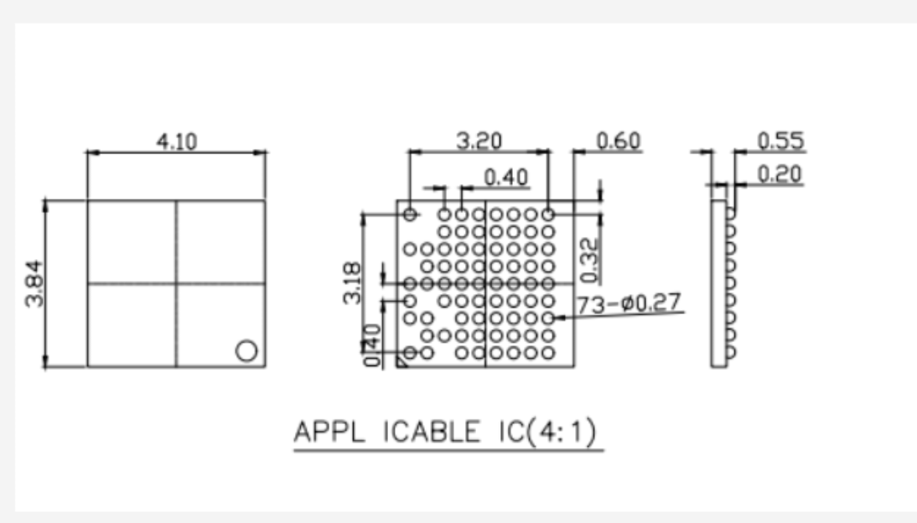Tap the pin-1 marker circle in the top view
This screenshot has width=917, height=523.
pyautogui.click(x=246, y=350)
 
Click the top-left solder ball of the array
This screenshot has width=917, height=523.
pyautogui.click(x=410, y=215)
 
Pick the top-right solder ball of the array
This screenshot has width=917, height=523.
pyautogui.click(x=548, y=215)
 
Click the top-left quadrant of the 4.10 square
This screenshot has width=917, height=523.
pyautogui.click(x=132, y=241)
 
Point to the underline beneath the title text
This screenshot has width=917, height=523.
pyautogui.click(x=448, y=452)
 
